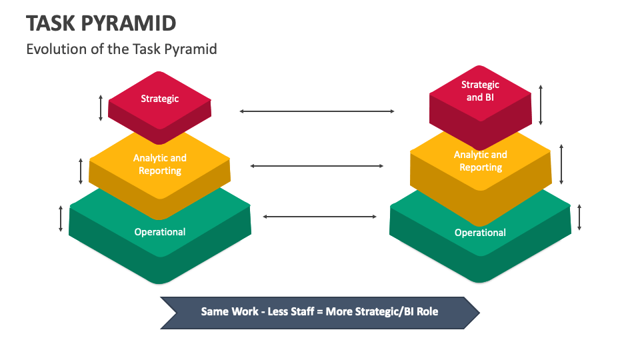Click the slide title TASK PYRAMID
tap(101, 23)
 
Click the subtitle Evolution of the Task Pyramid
tap(121, 49)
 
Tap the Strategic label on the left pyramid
tap(160, 99)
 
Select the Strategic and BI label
tap(480, 91)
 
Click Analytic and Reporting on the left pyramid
tap(160, 164)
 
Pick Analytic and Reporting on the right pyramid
tap(480, 161)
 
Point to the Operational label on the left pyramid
tap(160, 232)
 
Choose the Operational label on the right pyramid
tap(480, 233)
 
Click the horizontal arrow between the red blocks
tap(317, 111)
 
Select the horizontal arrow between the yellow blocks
tap(317, 166)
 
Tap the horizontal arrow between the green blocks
tap(320, 217)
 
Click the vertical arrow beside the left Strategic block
tap(101, 107)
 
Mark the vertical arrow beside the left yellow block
tap(81, 171)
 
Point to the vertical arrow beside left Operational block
tap(61, 219)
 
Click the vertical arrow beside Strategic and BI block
tap(541, 105)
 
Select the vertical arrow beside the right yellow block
tap(561, 164)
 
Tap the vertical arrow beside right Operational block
tap(579, 217)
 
